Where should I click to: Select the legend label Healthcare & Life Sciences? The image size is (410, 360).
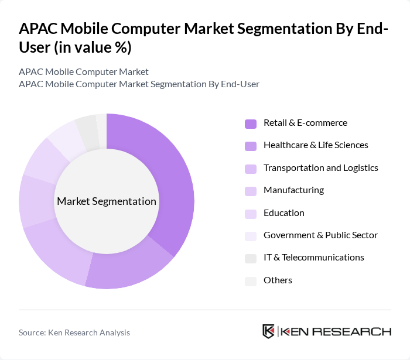[x=316, y=145]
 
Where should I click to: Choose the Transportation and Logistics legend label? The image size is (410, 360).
[x=320, y=168]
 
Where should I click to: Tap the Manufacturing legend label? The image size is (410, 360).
[x=293, y=190]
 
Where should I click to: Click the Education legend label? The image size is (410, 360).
[x=283, y=213]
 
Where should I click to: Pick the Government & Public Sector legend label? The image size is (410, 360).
[x=320, y=235]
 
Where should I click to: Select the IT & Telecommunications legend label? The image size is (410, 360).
[x=313, y=258]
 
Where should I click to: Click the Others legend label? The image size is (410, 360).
[x=278, y=280]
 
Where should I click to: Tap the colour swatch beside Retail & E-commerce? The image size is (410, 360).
[x=251, y=124]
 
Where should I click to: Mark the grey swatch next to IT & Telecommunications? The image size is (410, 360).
[x=251, y=258]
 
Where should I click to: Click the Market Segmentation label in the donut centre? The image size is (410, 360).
[x=107, y=201]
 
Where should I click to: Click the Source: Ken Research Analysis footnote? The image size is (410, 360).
[x=74, y=332]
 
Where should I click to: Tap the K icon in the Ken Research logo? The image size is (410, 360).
[x=268, y=331]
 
